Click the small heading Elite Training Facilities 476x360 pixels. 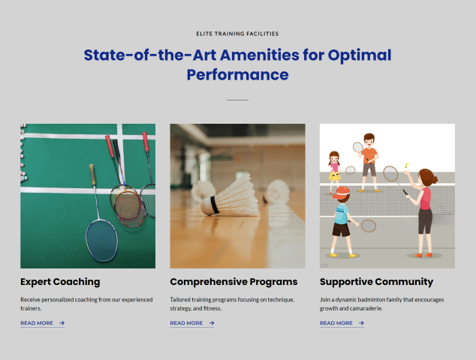[x=237, y=34]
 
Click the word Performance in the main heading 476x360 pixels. [x=237, y=75]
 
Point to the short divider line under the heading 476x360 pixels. [x=237, y=100]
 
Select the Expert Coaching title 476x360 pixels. [x=60, y=282]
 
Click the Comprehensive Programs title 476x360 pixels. [x=233, y=282]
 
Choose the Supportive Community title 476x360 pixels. [x=376, y=282]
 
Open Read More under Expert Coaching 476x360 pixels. [x=37, y=323]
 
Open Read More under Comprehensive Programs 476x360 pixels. [x=186, y=323]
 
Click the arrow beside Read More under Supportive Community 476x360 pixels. [x=361, y=323]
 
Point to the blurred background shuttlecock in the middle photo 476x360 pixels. [x=276, y=190]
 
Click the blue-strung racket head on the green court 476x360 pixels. [x=101, y=240]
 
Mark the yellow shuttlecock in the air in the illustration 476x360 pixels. [x=406, y=165]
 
